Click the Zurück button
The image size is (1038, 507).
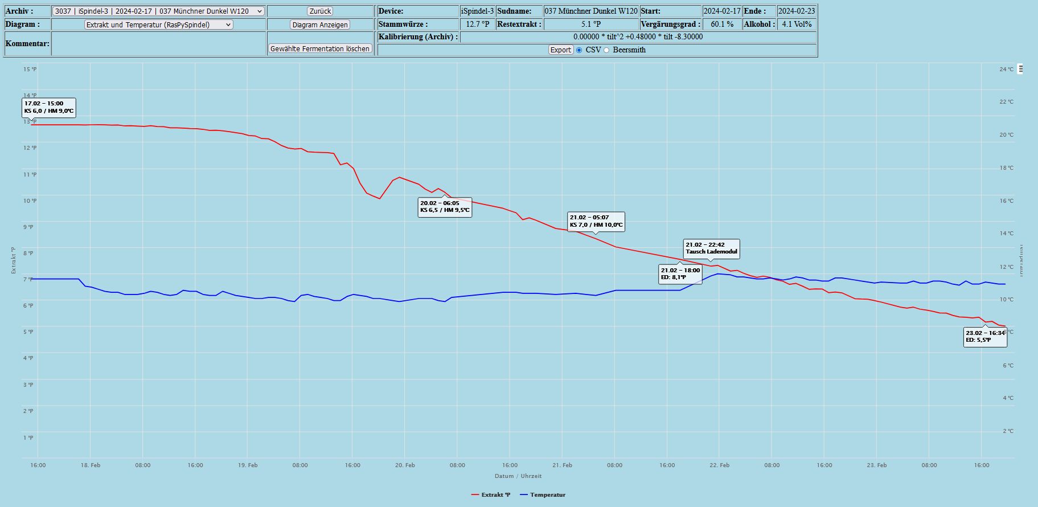click(320, 11)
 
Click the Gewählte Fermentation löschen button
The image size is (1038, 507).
click(320, 49)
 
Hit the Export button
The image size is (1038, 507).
click(560, 50)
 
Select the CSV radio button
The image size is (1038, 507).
click(580, 50)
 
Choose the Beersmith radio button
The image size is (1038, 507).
click(606, 50)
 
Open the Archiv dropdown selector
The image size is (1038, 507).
click(158, 11)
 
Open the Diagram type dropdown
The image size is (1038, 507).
click(158, 25)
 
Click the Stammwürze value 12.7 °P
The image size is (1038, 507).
click(477, 24)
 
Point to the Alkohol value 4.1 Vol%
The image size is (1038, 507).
click(797, 24)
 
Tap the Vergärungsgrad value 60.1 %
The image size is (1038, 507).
click(722, 24)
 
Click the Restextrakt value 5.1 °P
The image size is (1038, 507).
click(590, 24)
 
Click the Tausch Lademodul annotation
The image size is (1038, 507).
click(711, 248)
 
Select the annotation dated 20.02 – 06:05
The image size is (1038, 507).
click(445, 207)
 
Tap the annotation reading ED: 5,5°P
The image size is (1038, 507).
click(985, 337)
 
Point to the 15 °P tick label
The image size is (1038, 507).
click(30, 69)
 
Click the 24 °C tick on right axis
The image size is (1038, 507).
click(1006, 69)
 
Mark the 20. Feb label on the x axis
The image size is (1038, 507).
click(405, 465)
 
